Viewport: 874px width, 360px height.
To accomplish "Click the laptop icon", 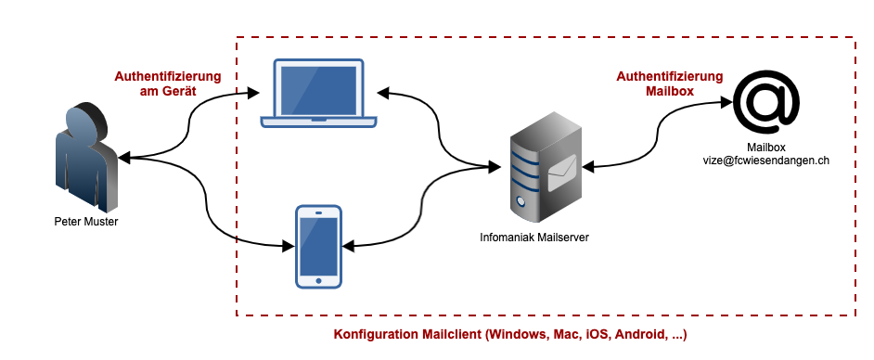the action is (x=319, y=93).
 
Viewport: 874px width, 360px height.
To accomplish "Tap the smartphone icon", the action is (x=318, y=247).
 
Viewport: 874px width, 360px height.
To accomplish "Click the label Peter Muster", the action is (x=86, y=222).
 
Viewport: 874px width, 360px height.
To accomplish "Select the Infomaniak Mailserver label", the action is (x=534, y=238).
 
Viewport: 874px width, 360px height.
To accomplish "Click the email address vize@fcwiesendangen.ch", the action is (x=765, y=160).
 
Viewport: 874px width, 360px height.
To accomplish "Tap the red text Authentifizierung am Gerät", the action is (x=168, y=84).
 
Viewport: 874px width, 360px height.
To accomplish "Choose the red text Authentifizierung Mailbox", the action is (x=670, y=84).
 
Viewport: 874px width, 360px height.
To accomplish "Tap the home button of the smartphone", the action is (x=318, y=280).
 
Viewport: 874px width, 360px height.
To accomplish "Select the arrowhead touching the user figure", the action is (x=124, y=159).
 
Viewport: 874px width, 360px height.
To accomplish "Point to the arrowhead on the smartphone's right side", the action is (x=348, y=246).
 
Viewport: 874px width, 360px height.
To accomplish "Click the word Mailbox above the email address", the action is (x=765, y=148).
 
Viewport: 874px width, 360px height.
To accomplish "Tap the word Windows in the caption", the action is (x=515, y=335).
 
